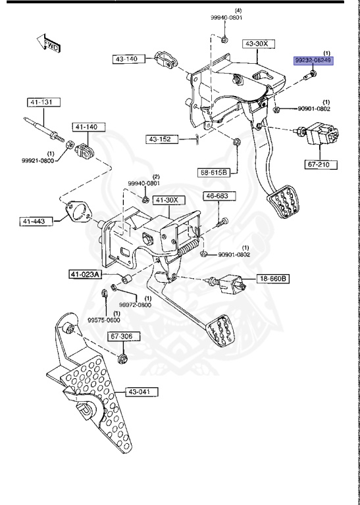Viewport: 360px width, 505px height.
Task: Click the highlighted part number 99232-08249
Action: click(x=313, y=60)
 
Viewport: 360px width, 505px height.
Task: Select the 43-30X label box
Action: click(x=256, y=45)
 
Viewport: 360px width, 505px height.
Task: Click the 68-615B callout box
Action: click(x=214, y=173)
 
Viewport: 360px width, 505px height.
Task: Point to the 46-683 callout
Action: click(x=217, y=195)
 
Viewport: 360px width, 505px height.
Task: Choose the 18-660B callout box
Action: click(x=272, y=278)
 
